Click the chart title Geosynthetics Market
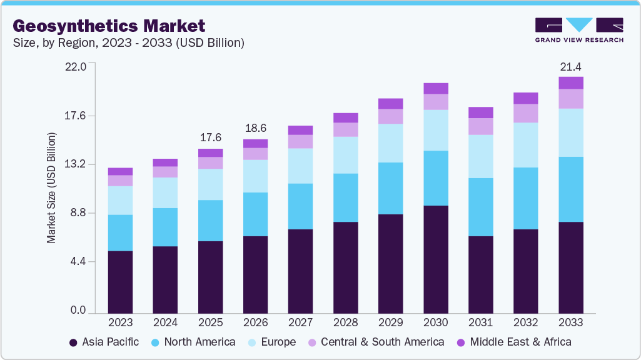(x=109, y=26)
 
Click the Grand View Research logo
(x=578, y=30)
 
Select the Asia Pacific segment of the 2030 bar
(x=436, y=259)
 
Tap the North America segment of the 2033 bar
(x=571, y=189)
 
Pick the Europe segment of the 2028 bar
(x=346, y=155)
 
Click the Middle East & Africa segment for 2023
(x=120, y=171)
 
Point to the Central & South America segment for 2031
(x=481, y=126)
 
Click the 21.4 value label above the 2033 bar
(x=571, y=67)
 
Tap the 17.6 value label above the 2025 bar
(x=211, y=137)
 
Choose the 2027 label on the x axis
(x=301, y=322)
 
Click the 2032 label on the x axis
(x=526, y=322)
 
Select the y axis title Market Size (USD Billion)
(x=52, y=188)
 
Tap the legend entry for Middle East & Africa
(x=513, y=342)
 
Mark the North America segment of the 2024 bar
(x=165, y=227)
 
